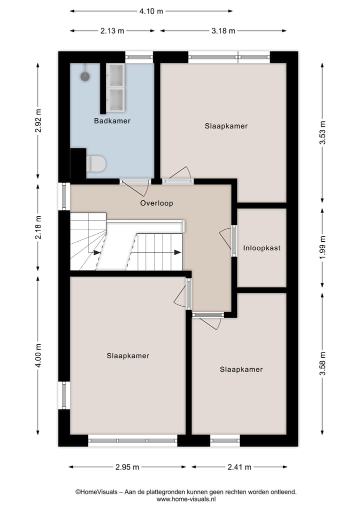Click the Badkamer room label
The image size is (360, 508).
(112, 121)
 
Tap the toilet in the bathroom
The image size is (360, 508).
(96, 163)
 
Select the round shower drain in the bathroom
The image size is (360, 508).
(85, 76)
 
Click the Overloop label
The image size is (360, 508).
(156, 203)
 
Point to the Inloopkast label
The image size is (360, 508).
(261, 248)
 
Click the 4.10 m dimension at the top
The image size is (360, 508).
(151, 11)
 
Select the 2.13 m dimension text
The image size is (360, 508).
(112, 30)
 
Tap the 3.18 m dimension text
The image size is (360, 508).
(223, 30)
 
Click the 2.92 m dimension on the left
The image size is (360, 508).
(38, 120)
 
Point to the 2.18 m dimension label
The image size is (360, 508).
(38, 228)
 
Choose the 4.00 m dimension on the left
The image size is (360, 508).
(38, 354)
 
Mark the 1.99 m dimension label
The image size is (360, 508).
(322, 247)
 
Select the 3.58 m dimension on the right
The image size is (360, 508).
(322, 363)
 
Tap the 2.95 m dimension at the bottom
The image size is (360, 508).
(127, 467)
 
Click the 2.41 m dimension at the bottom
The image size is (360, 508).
(238, 467)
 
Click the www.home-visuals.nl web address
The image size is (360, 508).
(186, 499)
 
